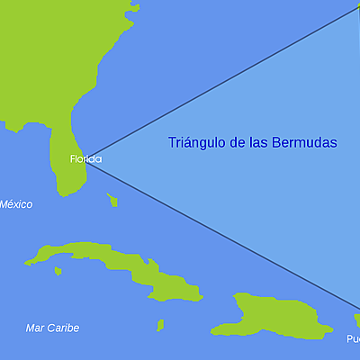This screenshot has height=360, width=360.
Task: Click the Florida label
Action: point(85,159)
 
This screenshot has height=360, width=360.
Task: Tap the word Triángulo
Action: point(197,142)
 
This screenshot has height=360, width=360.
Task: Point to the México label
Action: point(15,204)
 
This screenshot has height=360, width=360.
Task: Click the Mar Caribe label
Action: point(52,328)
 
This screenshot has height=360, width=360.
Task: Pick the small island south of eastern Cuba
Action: point(160,325)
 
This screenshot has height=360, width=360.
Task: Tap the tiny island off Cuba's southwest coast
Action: point(58,270)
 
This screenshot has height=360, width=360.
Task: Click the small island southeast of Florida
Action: point(112,200)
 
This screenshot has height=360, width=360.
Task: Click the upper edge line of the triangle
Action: point(225,81)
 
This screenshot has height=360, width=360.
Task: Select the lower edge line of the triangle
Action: point(225,232)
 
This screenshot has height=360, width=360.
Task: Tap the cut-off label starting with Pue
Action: point(353,339)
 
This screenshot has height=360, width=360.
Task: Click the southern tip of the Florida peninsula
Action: point(64,193)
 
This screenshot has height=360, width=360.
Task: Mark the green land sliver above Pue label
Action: point(356,320)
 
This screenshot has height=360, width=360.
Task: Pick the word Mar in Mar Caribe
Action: point(36,328)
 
